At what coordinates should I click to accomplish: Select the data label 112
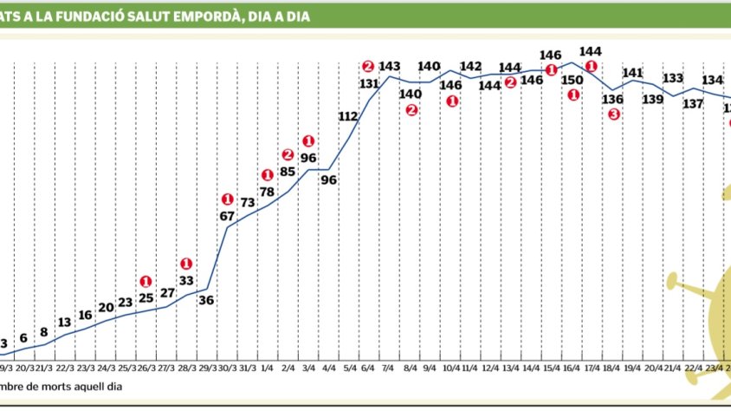[348, 116]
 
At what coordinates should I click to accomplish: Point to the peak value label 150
[573, 80]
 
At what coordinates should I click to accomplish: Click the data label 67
[228, 215]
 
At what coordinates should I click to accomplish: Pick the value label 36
[207, 301]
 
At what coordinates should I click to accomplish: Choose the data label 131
[369, 83]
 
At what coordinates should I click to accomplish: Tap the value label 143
[389, 67]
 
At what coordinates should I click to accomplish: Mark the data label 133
[673, 78]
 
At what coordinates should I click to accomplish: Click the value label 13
[65, 322]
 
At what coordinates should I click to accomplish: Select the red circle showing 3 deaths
[614, 114]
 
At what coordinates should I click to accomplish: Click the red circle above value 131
[368, 66]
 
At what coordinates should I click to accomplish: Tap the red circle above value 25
[146, 281]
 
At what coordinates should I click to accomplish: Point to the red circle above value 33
[186, 264]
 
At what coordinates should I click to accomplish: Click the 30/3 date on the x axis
[228, 367]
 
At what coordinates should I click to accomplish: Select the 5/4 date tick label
[349, 367]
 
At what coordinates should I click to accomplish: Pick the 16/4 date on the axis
[573, 367]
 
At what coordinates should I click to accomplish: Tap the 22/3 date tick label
[65, 367]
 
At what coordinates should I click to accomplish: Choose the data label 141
[632, 73]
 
